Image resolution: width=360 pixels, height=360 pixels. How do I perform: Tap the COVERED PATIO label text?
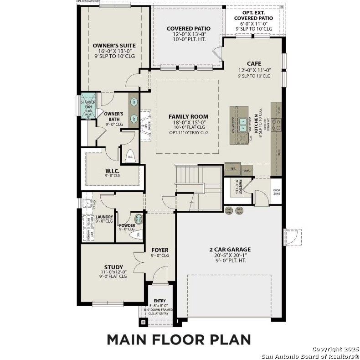188,28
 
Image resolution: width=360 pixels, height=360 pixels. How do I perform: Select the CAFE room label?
254,64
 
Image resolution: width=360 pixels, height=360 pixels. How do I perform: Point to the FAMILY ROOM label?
188,117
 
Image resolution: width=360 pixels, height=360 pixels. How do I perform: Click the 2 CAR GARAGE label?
230,250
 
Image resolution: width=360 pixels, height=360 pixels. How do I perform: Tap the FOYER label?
159,250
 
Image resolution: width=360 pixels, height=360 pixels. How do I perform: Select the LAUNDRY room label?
104,217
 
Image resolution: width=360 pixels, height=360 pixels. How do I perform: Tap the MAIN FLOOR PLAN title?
179,340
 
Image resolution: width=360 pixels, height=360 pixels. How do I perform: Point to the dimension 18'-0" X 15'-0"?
188,122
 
